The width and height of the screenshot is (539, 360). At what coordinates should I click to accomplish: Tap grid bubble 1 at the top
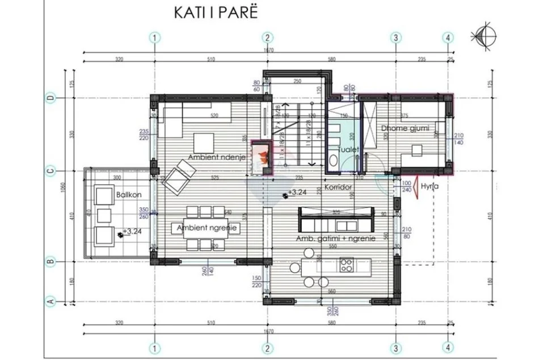pyautogui.click(x=154, y=37)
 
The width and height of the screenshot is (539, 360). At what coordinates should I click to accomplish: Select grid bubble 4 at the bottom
pyautogui.click(x=448, y=348)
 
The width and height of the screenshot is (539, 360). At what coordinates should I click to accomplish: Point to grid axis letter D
pyautogui.click(x=50, y=98)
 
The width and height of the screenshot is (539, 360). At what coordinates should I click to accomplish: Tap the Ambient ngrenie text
pyautogui.click(x=206, y=228)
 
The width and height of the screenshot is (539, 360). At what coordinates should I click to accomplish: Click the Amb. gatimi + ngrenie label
pyautogui.click(x=335, y=239)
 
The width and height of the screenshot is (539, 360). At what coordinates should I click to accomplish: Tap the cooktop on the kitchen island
pyautogui.click(x=347, y=264)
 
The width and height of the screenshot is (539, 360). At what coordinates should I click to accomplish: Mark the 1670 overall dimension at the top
pyautogui.click(x=268, y=51)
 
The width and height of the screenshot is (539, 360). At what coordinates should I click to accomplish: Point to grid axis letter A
pyautogui.click(x=50, y=302)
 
